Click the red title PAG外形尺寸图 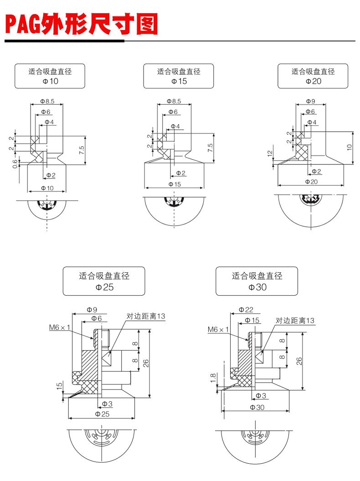81,25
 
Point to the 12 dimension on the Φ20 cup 270,154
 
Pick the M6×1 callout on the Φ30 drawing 218,329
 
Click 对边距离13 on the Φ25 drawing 145,316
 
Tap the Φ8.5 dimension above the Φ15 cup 174,101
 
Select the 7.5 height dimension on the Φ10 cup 82,149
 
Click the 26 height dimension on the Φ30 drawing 299,361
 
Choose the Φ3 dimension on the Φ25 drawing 107,404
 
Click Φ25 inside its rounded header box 104,287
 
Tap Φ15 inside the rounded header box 179,81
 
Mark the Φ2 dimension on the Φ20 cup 316,171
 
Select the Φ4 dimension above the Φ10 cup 49,122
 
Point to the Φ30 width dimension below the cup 257,408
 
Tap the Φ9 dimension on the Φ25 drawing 92,310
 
